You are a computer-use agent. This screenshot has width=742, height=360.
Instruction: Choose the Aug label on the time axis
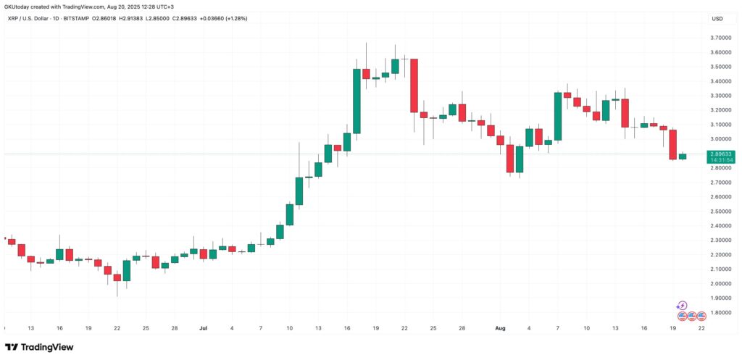point(500,327)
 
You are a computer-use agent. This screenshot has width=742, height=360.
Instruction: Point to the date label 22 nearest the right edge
point(701,327)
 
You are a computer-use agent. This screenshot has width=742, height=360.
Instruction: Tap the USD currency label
point(717,19)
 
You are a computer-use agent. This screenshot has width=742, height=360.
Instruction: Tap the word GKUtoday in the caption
point(20,7)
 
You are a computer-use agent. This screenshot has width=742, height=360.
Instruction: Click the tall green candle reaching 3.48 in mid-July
point(357,101)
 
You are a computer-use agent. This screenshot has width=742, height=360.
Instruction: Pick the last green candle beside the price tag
point(682,156)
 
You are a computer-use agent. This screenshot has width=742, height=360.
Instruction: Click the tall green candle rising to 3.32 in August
point(558,116)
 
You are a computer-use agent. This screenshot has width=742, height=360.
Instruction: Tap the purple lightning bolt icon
point(682,306)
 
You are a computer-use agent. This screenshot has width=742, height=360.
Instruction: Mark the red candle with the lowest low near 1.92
point(117,278)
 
